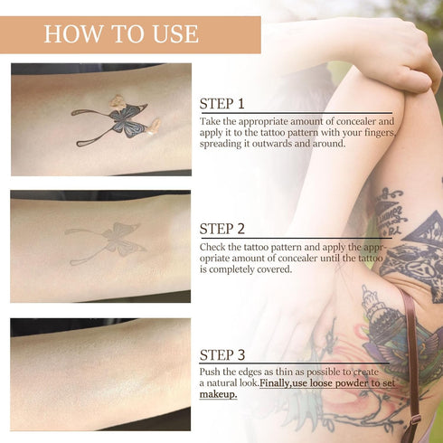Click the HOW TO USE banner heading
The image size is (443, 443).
coord(121,34)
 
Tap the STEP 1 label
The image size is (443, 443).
coord(222,102)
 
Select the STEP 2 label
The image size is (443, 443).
coord(222,228)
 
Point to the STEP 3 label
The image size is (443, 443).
coord(222,353)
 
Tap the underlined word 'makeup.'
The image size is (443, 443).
coord(219,395)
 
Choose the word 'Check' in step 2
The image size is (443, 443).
coord(214,245)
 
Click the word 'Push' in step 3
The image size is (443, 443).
coord(212,372)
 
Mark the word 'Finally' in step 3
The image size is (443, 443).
coord(281,383)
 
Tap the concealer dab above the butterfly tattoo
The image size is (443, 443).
coord(117,100)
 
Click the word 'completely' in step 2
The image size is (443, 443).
coord(240,269)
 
